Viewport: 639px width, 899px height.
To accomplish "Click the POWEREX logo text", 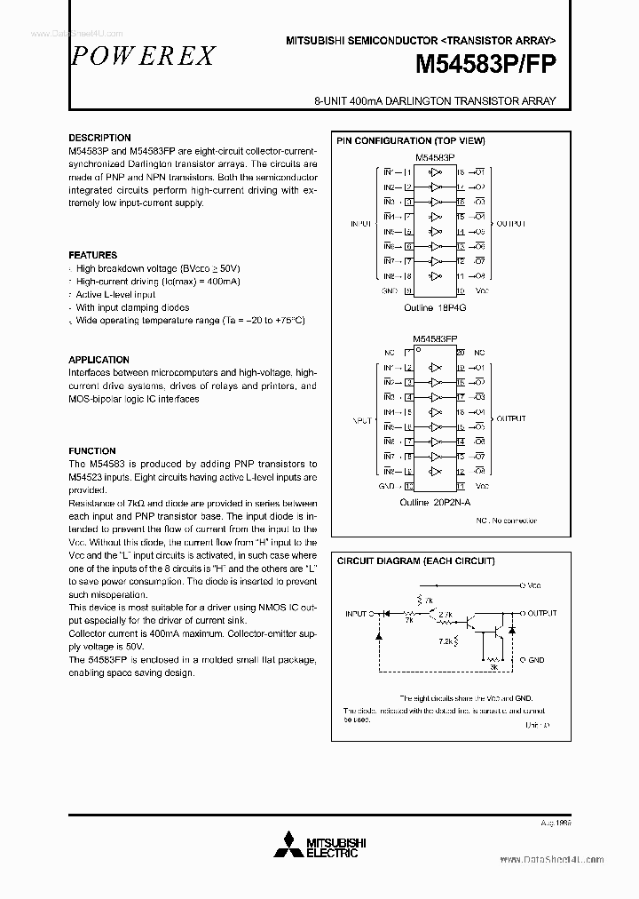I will pos(142,55).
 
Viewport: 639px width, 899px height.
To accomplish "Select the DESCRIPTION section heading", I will pos(99,138).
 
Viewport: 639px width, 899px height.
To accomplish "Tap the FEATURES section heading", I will pos(92,255).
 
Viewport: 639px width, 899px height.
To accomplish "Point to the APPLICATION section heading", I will pos(99,360).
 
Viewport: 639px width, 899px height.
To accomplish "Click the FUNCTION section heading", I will pos(92,451).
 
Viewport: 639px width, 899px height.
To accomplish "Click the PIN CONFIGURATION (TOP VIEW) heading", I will pos(409,141).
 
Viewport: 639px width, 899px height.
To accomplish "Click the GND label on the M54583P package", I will pos(389,290).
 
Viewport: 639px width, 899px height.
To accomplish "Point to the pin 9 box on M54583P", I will pos(408,290).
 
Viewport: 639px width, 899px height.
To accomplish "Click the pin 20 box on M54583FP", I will pos(461,353).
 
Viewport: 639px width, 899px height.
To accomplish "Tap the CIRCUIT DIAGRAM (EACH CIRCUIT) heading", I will pos(414,561).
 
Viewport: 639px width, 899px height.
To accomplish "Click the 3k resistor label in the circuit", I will pos(493,665).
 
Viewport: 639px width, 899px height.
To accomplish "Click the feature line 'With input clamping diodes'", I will pos(132,307).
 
